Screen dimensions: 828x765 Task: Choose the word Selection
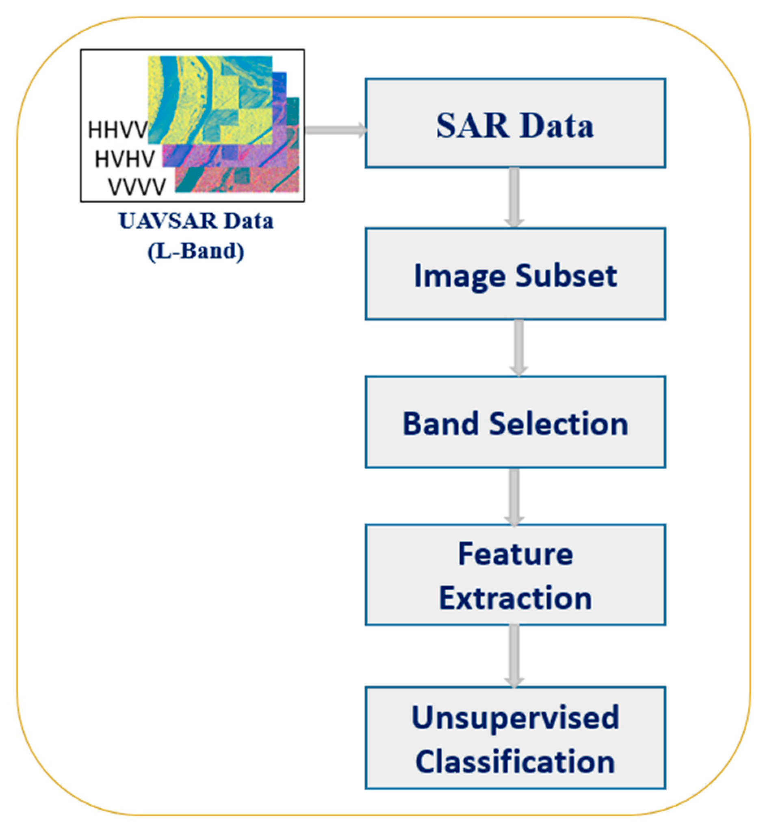coord(559,424)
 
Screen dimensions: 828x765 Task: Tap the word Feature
coord(516,554)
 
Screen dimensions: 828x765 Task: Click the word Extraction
coord(516,598)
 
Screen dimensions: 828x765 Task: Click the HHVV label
coord(117,130)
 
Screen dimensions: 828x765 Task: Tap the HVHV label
coord(125,158)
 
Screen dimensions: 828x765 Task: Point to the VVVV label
coord(137,187)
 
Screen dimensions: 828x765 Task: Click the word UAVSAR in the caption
coord(168,221)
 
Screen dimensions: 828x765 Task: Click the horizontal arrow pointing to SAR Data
coord(335,130)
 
